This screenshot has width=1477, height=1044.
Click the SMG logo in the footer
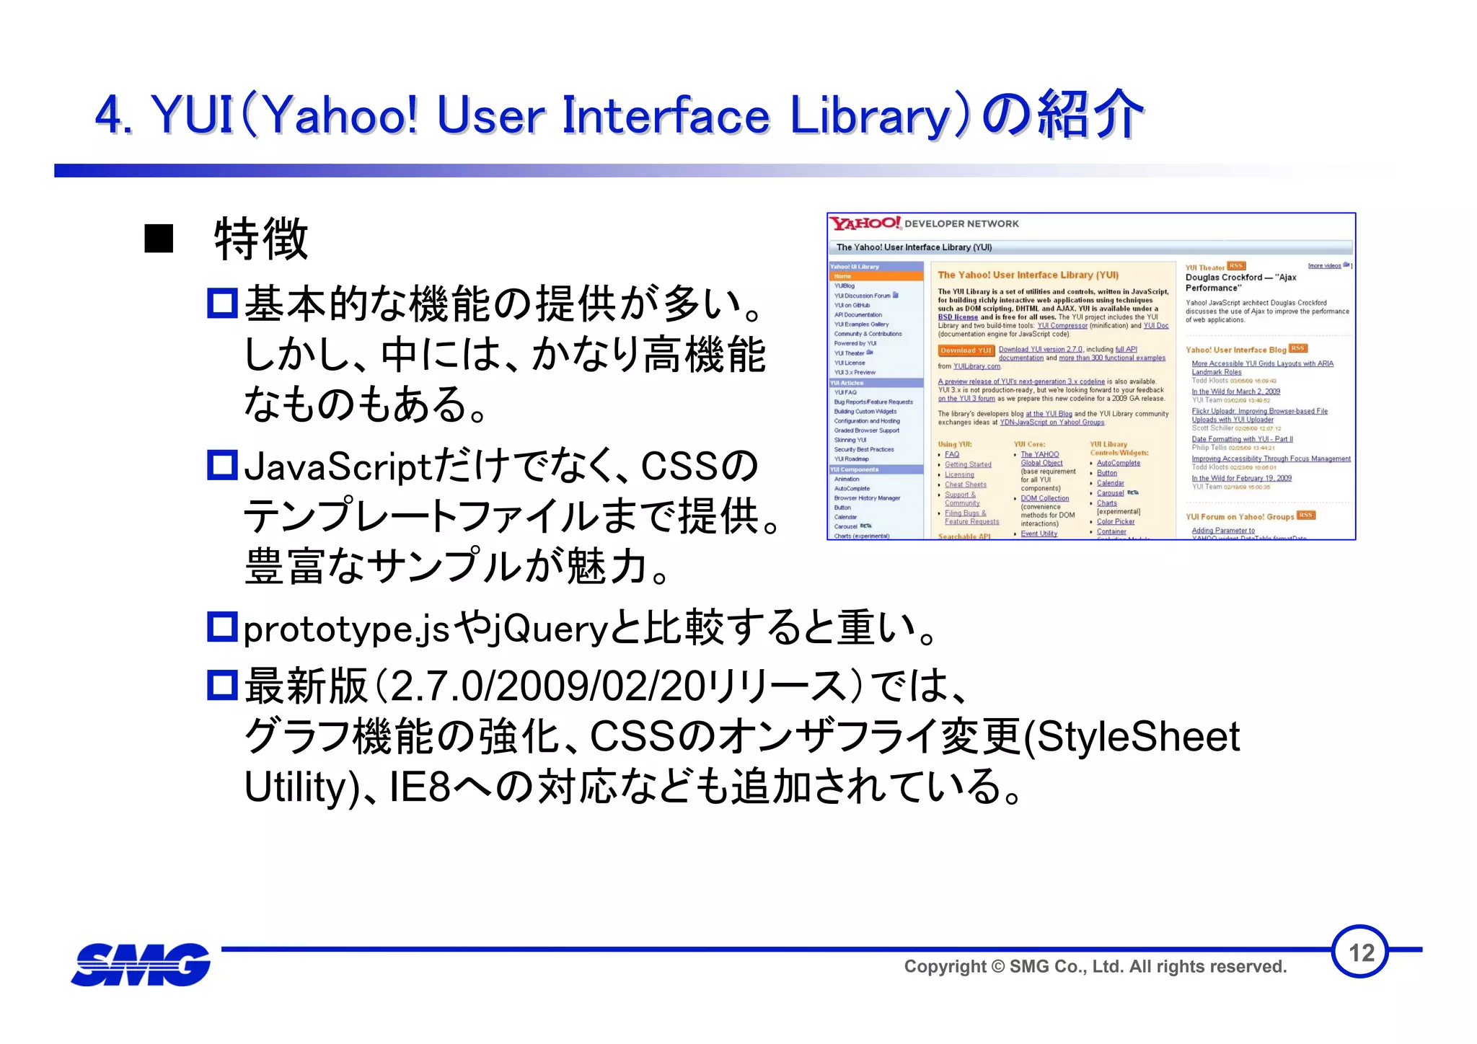click(x=141, y=965)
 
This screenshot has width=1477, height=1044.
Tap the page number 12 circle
click(x=1360, y=952)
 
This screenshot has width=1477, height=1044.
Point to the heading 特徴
click(x=261, y=239)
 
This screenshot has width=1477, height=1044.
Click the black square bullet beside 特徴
click(x=159, y=239)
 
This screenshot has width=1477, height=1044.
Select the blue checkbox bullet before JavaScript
click(x=222, y=465)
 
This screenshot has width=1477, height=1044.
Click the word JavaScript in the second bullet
click(x=337, y=468)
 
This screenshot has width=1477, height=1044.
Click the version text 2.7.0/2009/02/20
click(x=547, y=686)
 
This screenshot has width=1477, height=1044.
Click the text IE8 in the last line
click(x=420, y=787)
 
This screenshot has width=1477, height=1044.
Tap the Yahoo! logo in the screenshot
click(x=865, y=224)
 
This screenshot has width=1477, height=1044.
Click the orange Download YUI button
click(x=966, y=350)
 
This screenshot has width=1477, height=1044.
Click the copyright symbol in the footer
click(x=997, y=967)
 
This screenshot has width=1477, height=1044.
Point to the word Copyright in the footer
click(x=945, y=967)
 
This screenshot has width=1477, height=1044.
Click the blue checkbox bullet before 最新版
click(x=222, y=685)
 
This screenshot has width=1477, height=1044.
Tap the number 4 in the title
click(x=110, y=115)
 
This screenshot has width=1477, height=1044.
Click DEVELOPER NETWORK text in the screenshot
click(x=961, y=224)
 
